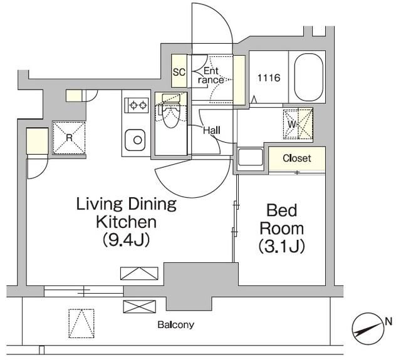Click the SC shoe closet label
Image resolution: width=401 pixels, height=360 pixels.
[179, 72]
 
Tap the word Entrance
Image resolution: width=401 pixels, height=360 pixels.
[211, 75]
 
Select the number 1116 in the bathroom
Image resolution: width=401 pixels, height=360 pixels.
[269, 78]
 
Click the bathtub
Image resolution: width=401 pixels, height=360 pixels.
[309, 77]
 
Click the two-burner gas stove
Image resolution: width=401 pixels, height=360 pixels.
[137, 105]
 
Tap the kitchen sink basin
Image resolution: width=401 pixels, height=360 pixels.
[135, 140]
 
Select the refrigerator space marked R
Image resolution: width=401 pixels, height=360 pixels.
[69, 138]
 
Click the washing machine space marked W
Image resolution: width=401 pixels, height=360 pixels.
[298, 125]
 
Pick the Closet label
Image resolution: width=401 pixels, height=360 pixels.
[297, 158]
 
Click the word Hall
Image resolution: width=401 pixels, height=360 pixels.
[212, 131]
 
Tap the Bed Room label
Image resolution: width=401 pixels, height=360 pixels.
[282, 220]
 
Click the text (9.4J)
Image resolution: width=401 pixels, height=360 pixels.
[126, 240]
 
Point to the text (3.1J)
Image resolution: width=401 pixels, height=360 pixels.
[281, 247]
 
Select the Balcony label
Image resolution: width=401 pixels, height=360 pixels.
[175, 325]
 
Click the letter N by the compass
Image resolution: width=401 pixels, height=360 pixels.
[388, 321]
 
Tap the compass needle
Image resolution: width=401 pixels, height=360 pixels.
[367, 329]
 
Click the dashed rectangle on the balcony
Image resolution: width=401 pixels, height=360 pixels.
[81, 324]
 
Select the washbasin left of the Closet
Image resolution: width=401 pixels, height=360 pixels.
[251, 157]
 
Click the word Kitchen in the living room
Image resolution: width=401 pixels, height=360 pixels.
[126, 222]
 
